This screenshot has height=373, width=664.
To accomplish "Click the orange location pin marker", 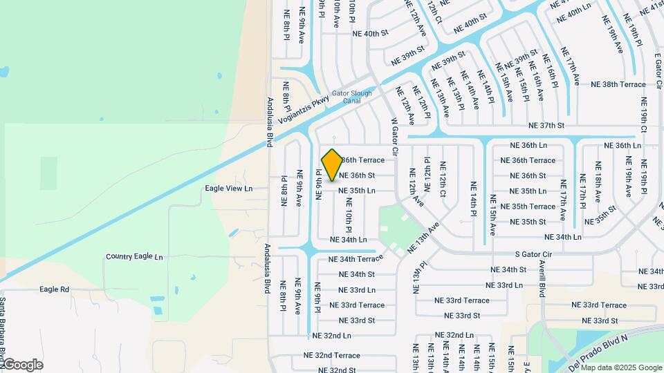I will pyautogui.click(x=333, y=165).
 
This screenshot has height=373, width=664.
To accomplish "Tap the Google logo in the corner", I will pyautogui.click(x=22, y=365).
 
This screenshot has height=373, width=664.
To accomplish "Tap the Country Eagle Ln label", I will pyautogui.click(x=134, y=257).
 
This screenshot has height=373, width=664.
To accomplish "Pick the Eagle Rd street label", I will pyautogui.click(x=55, y=289).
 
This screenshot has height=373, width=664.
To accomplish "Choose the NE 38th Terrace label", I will pyautogui.click(x=618, y=85).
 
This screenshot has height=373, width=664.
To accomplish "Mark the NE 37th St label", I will pyautogui.click(x=546, y=126).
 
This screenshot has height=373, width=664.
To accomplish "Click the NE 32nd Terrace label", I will pyautogui.click(x=332, y=355).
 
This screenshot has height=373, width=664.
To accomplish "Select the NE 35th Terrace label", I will pyautogui.click(x=533, y=207).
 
